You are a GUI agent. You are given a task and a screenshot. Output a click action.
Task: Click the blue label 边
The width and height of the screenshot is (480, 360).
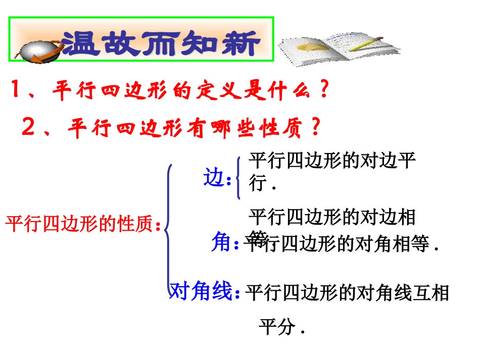tap(214, 178)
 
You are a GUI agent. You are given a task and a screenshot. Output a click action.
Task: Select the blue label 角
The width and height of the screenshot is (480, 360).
tap(221, 243)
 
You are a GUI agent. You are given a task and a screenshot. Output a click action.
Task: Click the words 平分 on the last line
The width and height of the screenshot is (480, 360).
tap(277, 328)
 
